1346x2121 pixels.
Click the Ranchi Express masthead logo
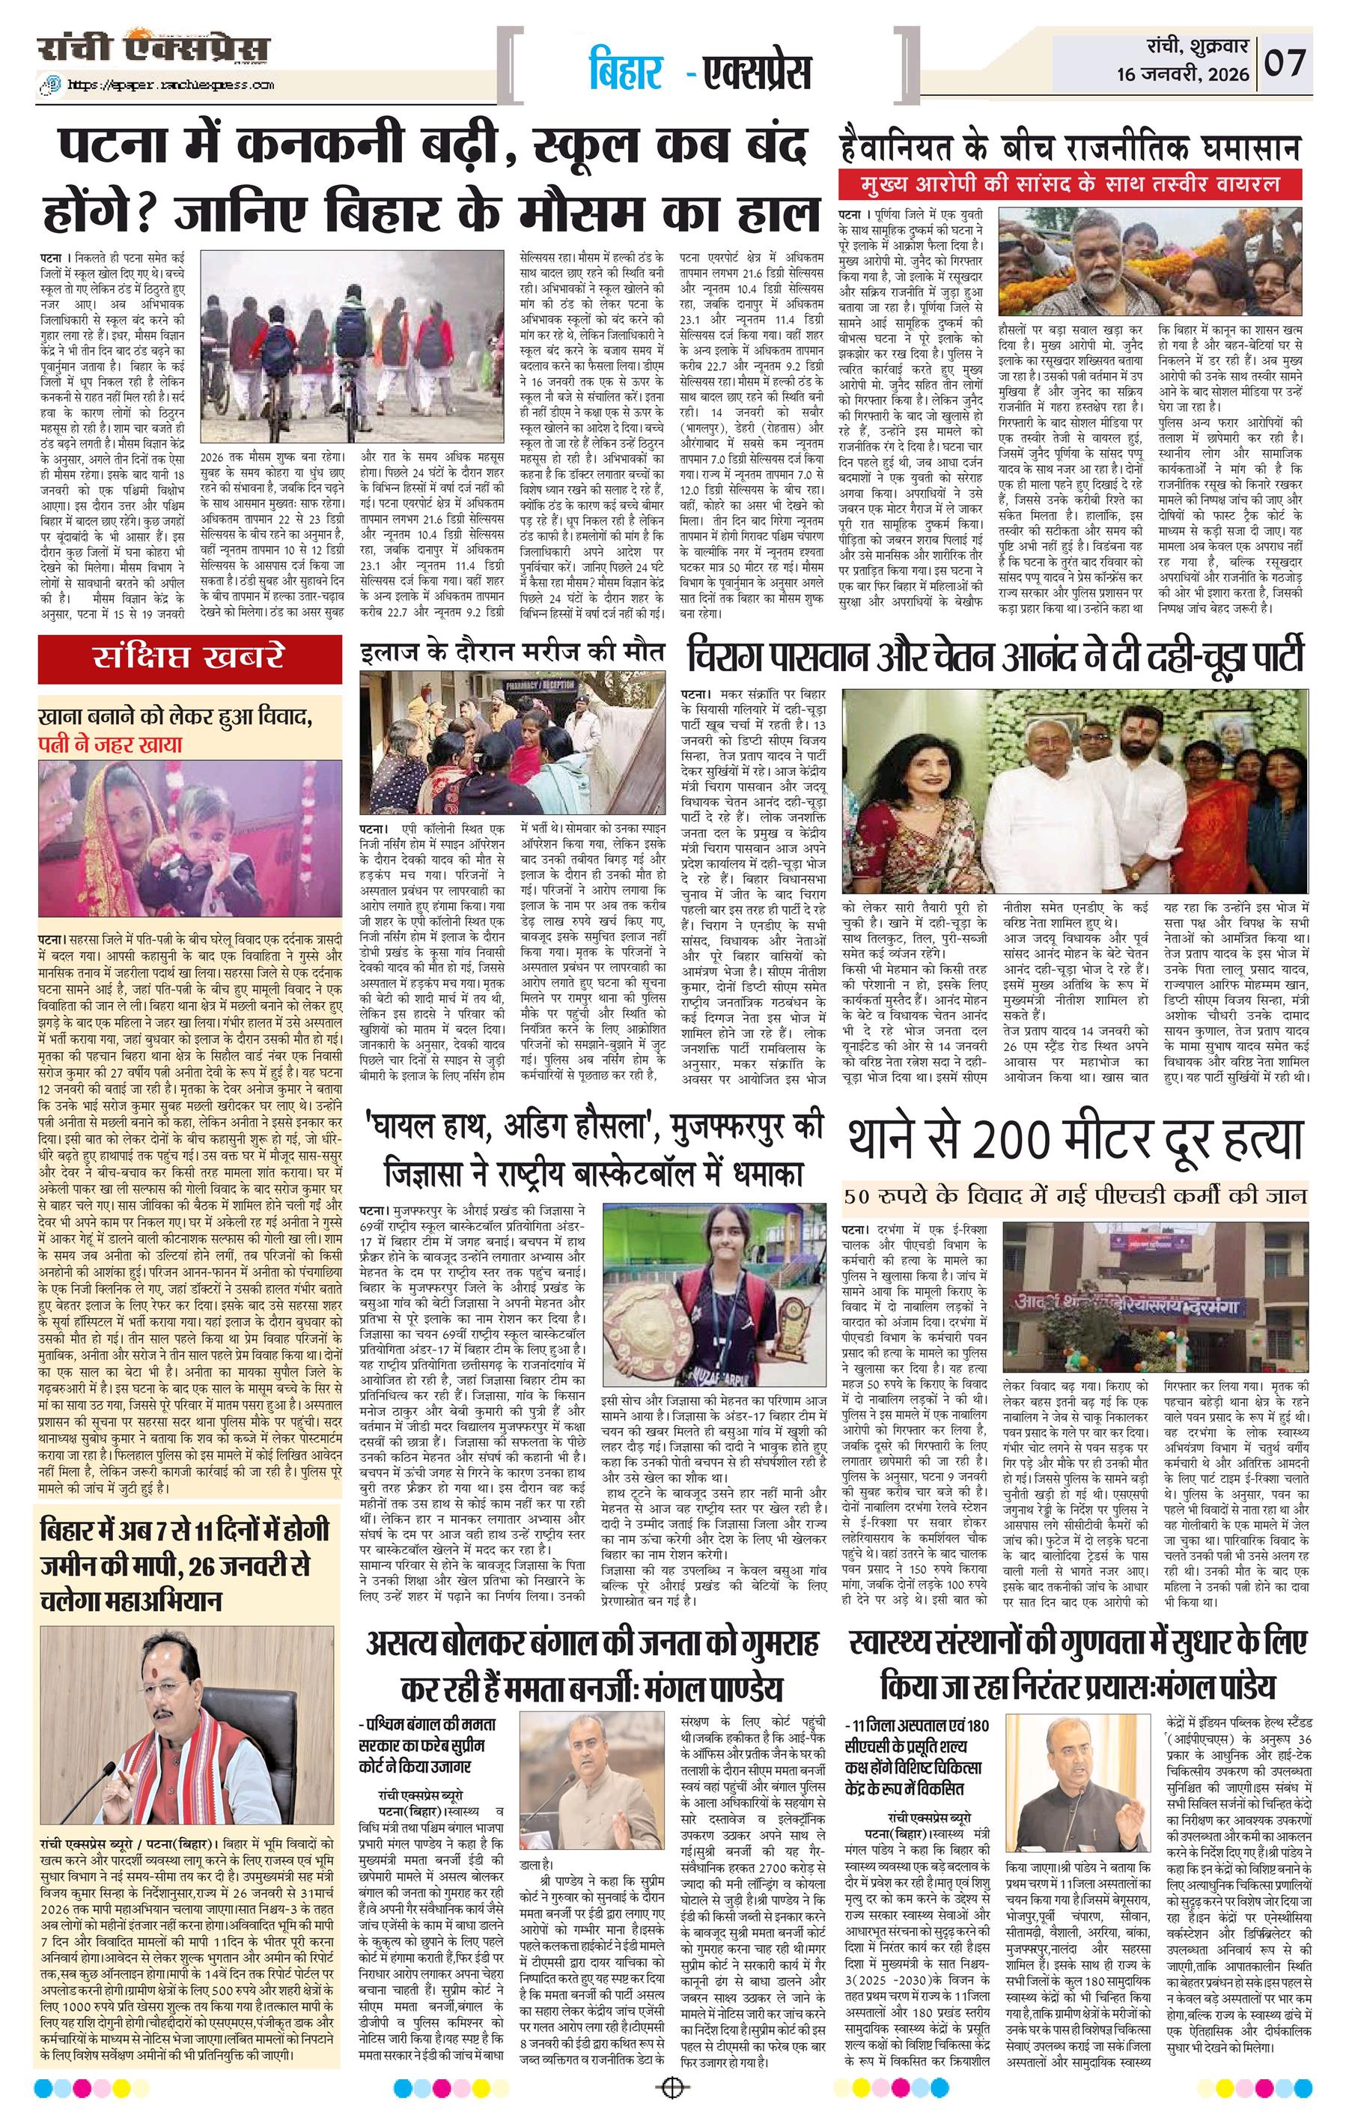(x=154, y=50)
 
